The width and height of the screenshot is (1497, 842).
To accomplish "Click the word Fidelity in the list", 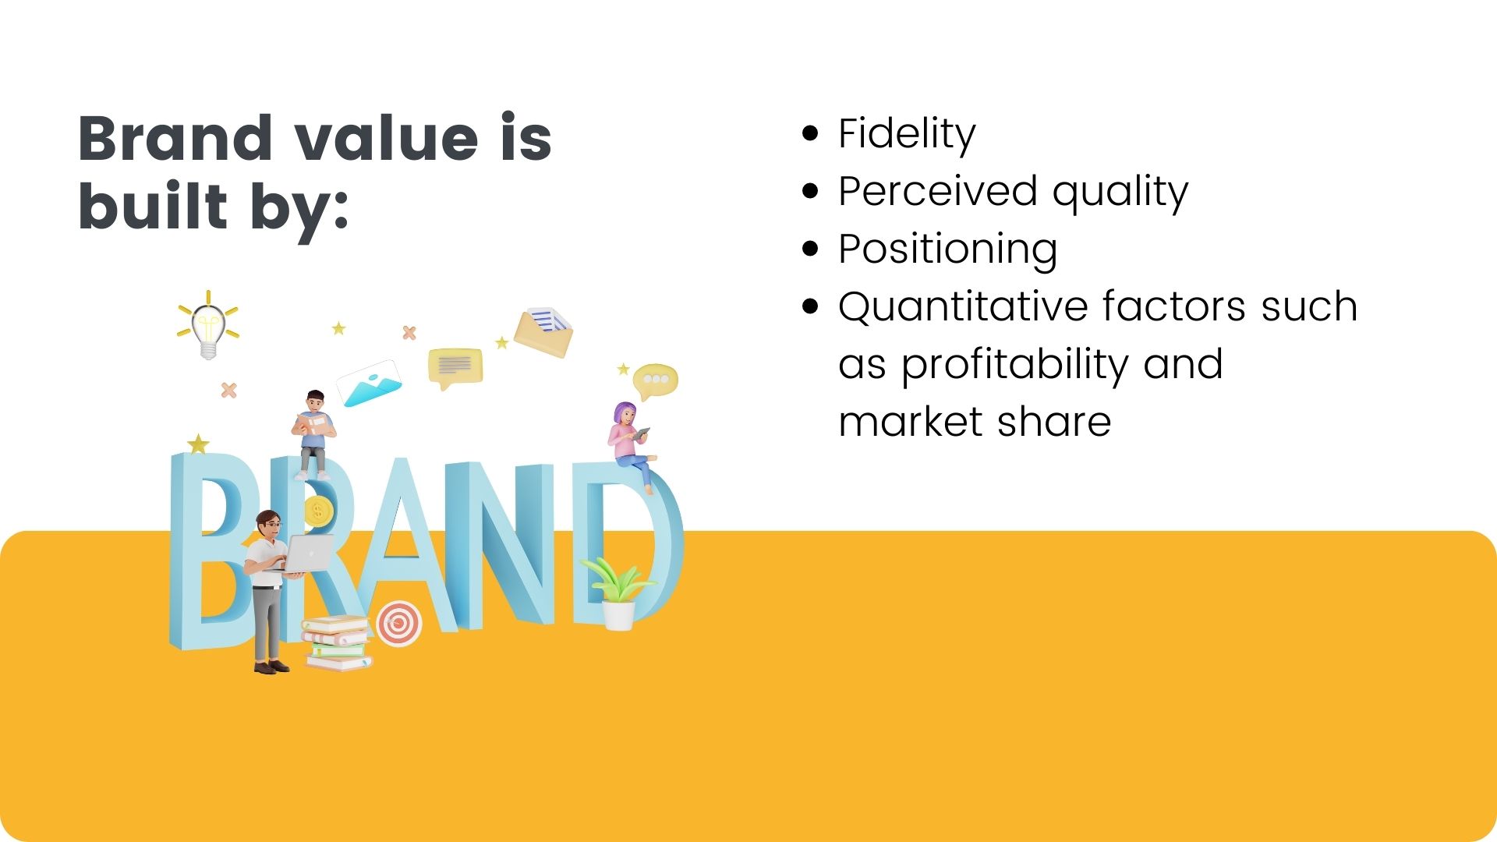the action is coord(907,134).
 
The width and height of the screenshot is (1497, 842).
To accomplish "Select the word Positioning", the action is coord(948,249).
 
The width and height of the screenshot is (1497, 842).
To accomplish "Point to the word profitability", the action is coord(1014,365).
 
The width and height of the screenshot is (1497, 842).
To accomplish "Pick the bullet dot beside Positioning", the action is coord(811,249).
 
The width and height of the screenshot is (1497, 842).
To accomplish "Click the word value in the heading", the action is coord(387,138).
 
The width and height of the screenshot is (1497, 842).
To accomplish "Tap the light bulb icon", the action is coord(208,326).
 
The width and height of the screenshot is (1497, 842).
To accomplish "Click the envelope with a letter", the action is coord(543,331).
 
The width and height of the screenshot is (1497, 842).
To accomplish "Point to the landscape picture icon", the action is coord(370,383).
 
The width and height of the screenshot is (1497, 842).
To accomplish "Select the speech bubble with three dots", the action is coord(655,381).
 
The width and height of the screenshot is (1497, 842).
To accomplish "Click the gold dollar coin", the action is coord(317,511).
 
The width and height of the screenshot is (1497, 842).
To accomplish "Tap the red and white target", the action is coord(399,623).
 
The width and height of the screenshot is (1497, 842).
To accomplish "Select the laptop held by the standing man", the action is coord(306,553).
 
